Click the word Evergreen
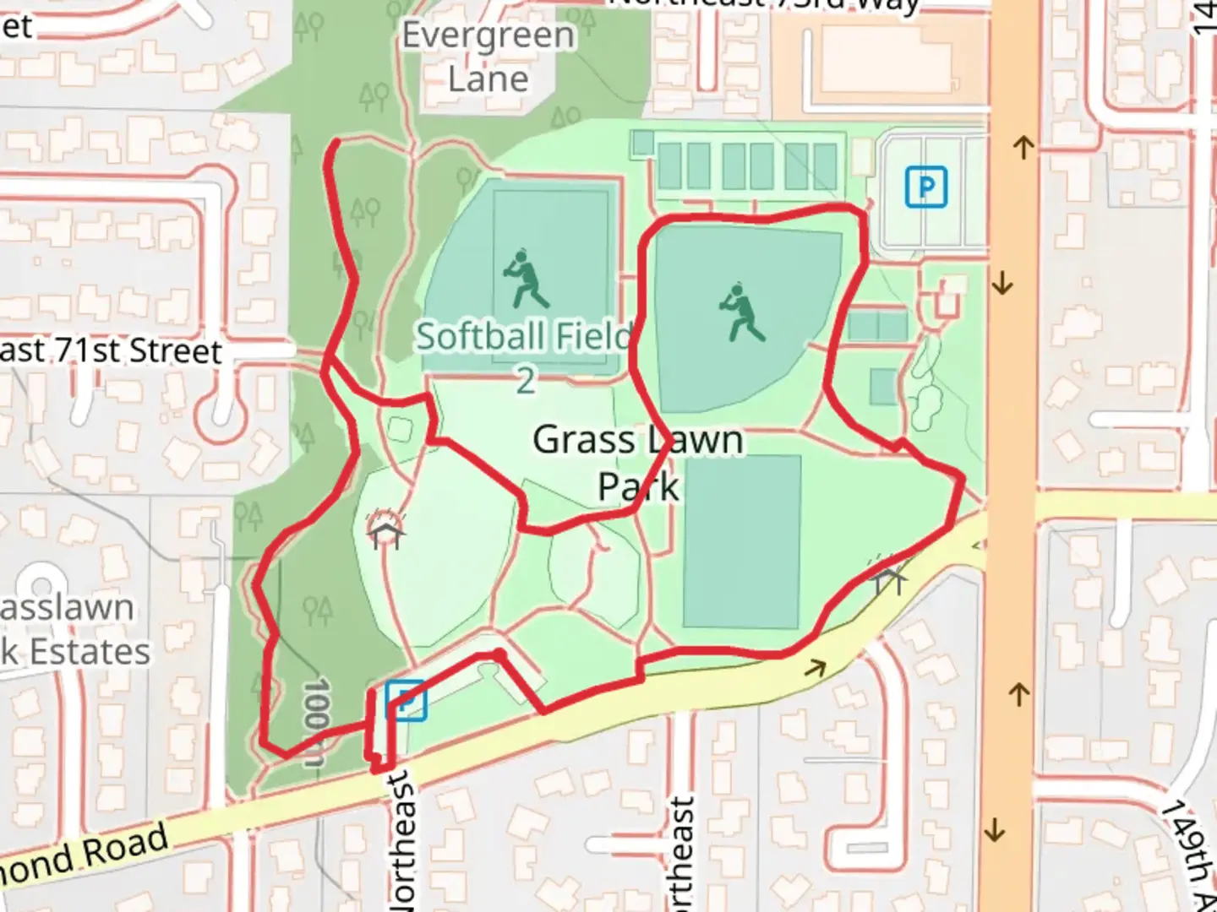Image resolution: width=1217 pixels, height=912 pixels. pyautogui.click(x=488, y=36)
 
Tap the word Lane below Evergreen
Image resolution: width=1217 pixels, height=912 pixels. pyautogui.click(x=488, y=80)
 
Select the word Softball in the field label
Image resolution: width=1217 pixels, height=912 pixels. pyautogui.click(x=478, y=337)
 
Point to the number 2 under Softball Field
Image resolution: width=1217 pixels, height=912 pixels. pyautogui.click(x=526, y=382)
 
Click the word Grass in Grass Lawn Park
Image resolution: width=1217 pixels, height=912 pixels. pyautogui.click(x=583, y=440)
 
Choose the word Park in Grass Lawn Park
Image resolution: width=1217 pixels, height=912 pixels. pyautogui.click(x=638, y=487)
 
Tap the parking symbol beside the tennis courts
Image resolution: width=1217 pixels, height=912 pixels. pyautogui.click(x=925, y=187)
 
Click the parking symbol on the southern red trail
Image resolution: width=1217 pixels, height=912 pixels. pyautogui.click(x=406, y=700)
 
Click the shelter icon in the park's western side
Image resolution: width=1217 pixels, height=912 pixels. pyautogui.click(x=385, y=530)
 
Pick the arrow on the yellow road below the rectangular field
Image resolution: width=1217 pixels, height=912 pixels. pyautogui.click(x=816, y=669)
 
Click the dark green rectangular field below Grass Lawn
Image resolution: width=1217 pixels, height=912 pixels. pyautogui.click(x=741, y=541)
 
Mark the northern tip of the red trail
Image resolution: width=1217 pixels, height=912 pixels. pyautogui.click(x=337, y=142)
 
